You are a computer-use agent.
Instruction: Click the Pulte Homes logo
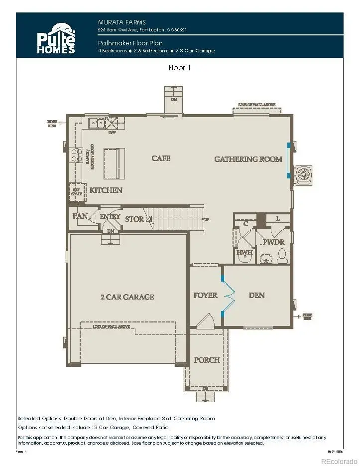pos(56,38)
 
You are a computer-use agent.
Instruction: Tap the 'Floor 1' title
pos(180,68)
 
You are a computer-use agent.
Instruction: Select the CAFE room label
pos(161,158)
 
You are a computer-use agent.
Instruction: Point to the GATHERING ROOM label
pos(248,159)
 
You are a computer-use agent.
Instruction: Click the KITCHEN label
pos(106,190)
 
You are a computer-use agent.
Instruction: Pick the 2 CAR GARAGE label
pos(127,297)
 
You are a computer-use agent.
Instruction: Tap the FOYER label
pos(205,296)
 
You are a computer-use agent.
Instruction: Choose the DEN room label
pos(257,296)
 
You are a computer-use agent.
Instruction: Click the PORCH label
pos(207,360)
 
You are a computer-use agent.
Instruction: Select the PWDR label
pos(274,242)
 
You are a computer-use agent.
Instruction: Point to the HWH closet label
pos(244,253)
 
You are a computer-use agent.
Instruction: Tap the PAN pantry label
pos(80,216)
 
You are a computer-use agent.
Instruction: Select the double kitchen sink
pos(97,123)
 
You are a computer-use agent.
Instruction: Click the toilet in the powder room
pos(282,257)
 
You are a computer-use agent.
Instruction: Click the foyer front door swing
pos(205,322)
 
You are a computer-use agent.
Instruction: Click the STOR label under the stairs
pos(134,219)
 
